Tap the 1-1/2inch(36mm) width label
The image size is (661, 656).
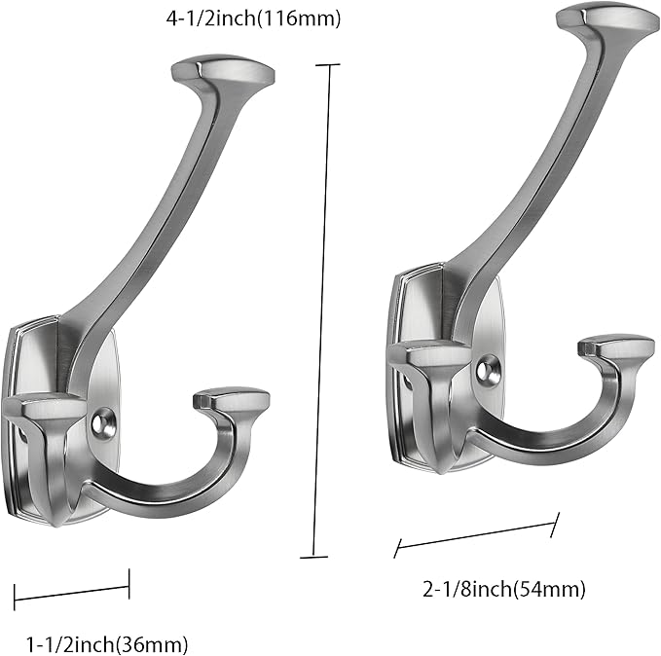pyautogui.click(x=106, y=643)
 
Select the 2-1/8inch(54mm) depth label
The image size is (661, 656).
pyautogui.click(x=503, y=588)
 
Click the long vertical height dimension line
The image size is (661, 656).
pyautogui.click(x=321, y=311)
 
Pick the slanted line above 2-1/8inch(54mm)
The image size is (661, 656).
pyautogui.click(x=476, y=535)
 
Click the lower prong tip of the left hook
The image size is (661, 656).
pyautogui.click(x=231, y=399)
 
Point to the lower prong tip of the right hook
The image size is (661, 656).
pyautogui.click(x=615, y=346)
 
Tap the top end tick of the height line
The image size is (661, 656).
pyautogui.click(x=328, y=66)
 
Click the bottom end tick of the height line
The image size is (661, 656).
pyautogui.click(x=313, y=558)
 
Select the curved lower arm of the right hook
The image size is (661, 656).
pyautogui.click(x=545, y=438)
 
